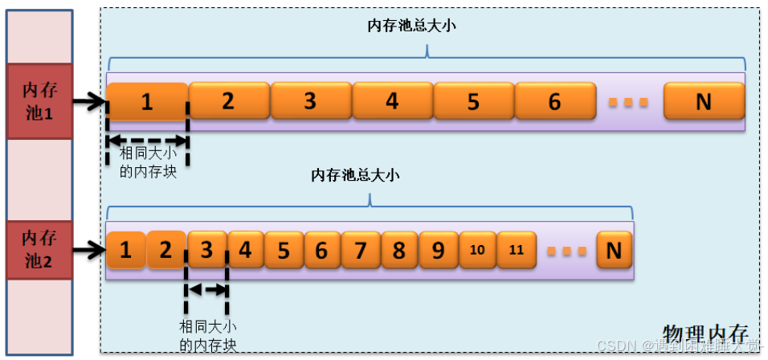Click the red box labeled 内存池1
click(38, 100)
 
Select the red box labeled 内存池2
click(38, 249)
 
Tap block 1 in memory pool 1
click(146, 101)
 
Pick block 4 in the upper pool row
click(392, 101)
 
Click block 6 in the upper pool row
click(554, 101)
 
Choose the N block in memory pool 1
click(703, 101)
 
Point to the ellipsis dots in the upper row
click(629, 102)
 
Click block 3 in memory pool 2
click(206, 250)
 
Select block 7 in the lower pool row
click(360, 250)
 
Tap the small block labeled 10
click(477, 250)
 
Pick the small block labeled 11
click(517, 250)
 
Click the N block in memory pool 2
click(614, 250)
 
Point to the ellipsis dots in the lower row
click(568, 251)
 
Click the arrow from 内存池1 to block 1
click(88, 101)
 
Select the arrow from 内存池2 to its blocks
click(88, 250)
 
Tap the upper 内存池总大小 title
click(411, 26)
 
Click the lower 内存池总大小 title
click(355, 174)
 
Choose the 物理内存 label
click(706, 333)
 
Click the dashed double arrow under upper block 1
click(147, 138)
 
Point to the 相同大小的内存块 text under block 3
click(207, 335)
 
